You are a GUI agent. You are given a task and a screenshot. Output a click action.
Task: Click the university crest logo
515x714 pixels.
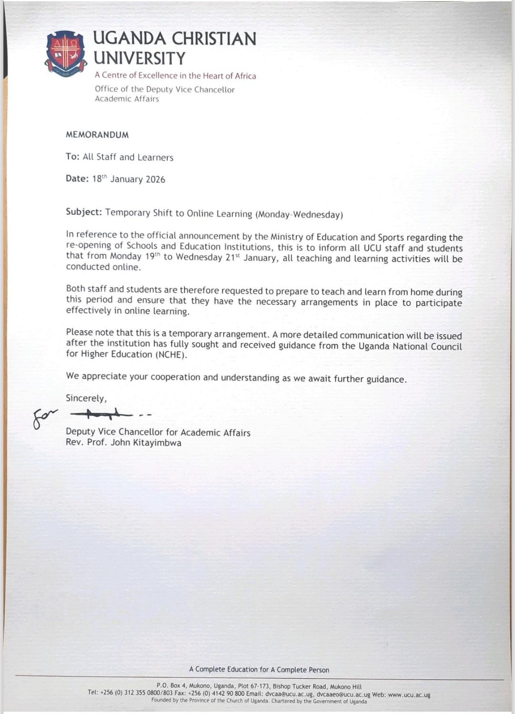(x=66, y=54)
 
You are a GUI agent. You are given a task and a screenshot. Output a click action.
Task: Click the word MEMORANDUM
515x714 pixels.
(x=97, y=135)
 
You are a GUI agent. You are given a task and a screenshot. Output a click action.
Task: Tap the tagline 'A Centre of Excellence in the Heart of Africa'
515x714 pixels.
(x=175, y=76)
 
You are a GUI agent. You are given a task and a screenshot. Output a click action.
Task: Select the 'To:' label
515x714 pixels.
(x=72, y=157)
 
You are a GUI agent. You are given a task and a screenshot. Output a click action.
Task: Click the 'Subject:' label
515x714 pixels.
(x=84, y=212)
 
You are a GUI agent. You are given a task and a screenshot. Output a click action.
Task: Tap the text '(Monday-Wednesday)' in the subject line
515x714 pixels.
(x=299, y=215)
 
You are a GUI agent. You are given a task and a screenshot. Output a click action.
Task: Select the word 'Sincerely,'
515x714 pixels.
(x=86, y=398)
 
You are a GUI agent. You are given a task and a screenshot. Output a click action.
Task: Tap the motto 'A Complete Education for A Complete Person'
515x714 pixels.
(x=259, y=670)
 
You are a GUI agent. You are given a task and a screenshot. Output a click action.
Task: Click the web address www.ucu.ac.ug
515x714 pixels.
(x=409, y=695)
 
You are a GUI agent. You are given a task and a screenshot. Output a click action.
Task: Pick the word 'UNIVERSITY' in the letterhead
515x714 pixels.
(x=139, y=58)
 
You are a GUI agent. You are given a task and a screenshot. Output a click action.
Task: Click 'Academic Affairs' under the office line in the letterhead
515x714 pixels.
(x=127, y=99)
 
